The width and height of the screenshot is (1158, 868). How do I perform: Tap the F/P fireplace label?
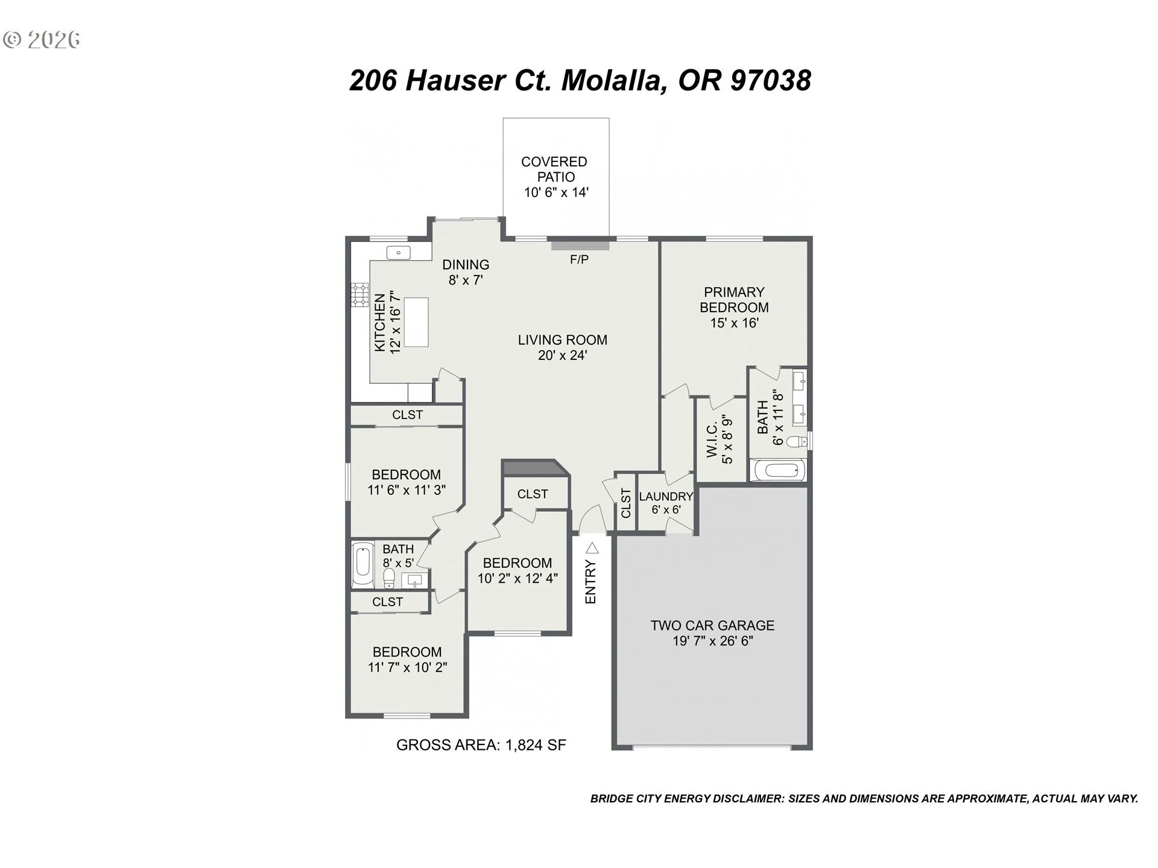click(x=579, y=260)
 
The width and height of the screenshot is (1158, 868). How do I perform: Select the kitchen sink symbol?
click(x=398, y=253)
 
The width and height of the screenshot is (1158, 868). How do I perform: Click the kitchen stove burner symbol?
click(x=360, y=295)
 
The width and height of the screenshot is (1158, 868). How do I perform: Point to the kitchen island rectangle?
click(x=416, y=322)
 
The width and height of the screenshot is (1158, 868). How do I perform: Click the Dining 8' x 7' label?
click(x=466, y=272)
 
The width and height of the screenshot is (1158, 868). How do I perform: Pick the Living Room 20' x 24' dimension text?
click(x=563, y=356)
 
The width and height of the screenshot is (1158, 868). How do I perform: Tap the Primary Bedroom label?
click(x=734, y=300)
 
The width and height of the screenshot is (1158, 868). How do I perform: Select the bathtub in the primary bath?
click(x=777, y=470)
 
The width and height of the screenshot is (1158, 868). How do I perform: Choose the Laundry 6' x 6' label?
click(x=666, y=503)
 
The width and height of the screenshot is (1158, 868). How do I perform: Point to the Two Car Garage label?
click(x=712, y=626)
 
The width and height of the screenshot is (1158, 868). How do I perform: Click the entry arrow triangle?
click(x=592, y=548)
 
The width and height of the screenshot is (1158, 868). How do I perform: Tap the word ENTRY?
click(x=590, y=582)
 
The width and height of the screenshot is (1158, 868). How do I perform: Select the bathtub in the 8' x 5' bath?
click(x=363, y=565)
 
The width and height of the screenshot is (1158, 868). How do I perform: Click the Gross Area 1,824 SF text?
click(x=481, y=745)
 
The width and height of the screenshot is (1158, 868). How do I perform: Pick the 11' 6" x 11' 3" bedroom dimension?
click(x=407, y=490)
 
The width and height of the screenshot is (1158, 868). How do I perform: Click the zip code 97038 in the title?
click(x=771, y=80)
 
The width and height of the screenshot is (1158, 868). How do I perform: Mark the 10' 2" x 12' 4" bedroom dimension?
click(x=517, y=579)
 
